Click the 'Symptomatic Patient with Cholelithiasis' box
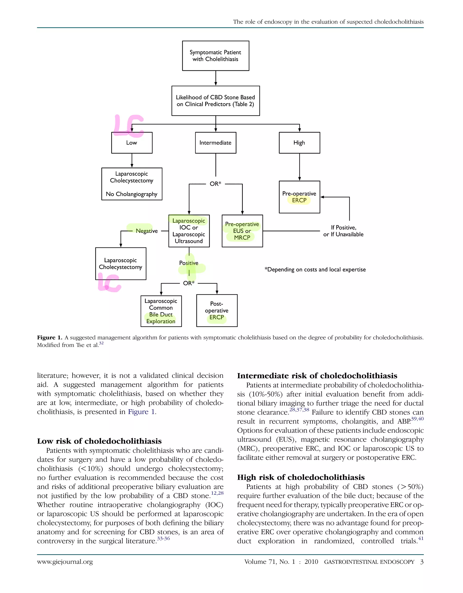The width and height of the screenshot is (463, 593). [215, 56]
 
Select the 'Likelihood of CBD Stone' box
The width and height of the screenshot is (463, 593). [215, 101]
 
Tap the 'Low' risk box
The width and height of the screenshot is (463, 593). [132, 143]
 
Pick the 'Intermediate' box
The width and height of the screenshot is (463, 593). [215, 143]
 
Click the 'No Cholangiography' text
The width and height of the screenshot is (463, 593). [132, 194]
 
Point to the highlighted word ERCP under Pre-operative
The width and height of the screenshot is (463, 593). [299, 200]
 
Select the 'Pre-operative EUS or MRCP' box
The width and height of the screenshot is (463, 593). [242, 231]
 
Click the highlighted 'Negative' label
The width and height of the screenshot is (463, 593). [146, 231]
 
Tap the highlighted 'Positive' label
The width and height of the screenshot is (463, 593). [189, 263]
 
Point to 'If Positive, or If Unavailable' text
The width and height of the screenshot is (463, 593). [343, 231]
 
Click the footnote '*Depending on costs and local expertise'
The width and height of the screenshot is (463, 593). [315, 270]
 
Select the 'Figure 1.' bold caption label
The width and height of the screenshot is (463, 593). [50, 338]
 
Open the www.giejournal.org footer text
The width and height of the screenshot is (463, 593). [65, 562]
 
